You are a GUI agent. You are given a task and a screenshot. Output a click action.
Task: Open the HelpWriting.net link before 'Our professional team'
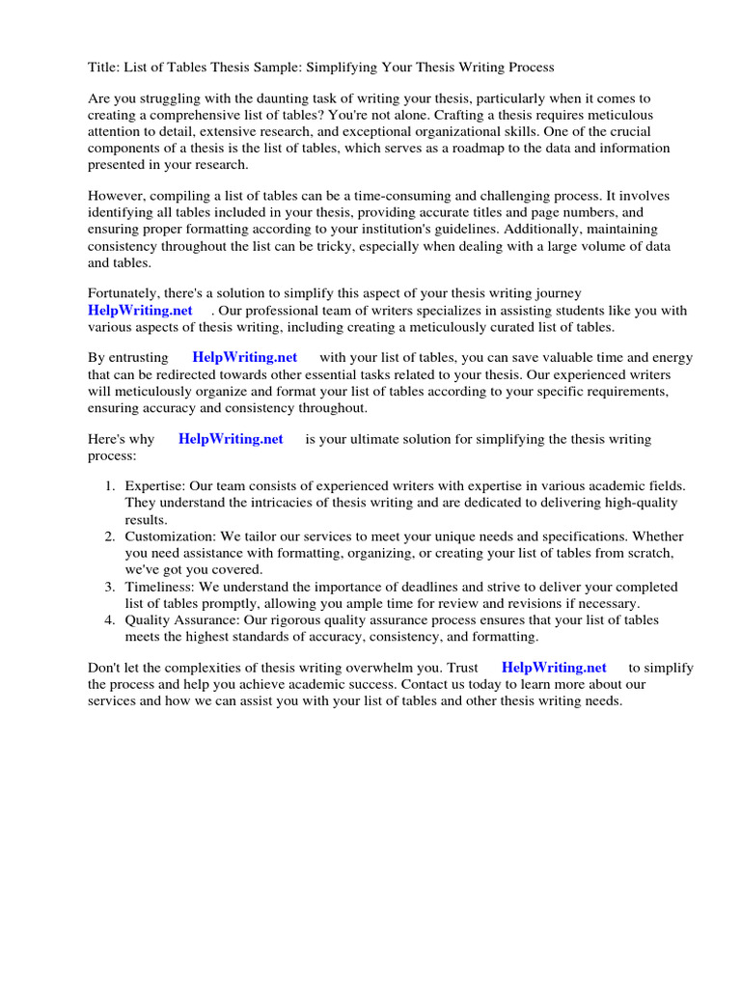(140, 310)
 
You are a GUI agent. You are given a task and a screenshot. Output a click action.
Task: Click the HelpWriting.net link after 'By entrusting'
(245, 357)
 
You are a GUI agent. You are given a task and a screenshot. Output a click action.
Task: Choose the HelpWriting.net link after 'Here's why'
(231, 439)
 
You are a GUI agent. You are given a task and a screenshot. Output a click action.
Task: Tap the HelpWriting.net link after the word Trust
(554, 668)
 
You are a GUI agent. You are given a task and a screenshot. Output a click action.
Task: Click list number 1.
(110, 487)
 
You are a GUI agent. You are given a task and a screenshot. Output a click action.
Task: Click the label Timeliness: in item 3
(159, 587)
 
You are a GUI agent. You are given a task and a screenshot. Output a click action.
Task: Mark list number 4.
(110, 620)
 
